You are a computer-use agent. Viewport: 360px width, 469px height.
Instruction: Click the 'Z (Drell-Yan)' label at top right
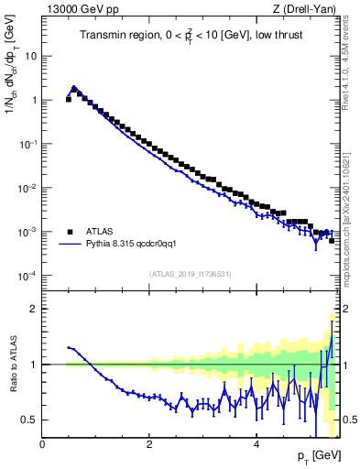(309, 10)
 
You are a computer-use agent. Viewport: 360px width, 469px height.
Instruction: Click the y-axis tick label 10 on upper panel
(30, 56)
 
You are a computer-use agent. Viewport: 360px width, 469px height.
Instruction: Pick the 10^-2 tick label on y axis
(27, 188)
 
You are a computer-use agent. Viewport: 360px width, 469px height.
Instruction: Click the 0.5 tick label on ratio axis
(27, 420)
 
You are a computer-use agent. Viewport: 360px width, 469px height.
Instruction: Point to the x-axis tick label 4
(256, 445)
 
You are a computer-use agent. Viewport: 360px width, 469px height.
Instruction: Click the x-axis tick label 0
(42, 445)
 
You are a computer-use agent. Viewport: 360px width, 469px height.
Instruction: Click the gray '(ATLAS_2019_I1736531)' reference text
(191, 274)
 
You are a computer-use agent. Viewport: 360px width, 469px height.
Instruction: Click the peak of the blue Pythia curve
(73, 88)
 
